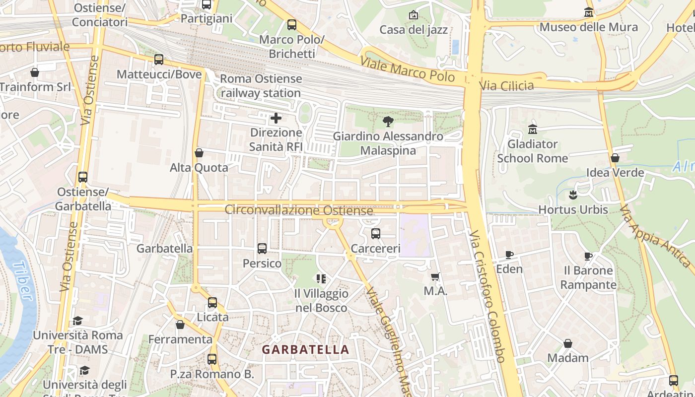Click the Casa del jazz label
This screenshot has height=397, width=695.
414,30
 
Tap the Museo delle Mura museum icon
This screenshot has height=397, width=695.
589,12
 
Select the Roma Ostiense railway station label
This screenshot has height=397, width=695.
261,86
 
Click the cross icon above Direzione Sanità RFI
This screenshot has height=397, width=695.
276,118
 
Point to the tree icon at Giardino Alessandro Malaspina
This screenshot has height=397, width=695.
388,121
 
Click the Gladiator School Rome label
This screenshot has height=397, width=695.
532,151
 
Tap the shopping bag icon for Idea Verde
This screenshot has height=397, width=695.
615,158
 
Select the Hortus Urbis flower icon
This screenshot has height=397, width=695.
573,195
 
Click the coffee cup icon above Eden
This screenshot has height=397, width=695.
509,255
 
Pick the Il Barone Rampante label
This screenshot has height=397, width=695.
588,277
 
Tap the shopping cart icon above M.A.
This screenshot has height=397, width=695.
435,276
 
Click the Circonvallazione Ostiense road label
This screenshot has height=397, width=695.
298,210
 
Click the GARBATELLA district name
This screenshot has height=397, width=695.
305,349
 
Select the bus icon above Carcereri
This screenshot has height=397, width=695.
376,233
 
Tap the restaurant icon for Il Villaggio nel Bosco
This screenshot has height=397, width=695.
321,279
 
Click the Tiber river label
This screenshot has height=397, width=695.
23,281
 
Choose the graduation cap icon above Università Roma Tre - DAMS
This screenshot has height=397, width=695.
77,321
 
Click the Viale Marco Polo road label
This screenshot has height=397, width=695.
407,69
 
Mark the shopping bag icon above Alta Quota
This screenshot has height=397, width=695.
199,153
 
